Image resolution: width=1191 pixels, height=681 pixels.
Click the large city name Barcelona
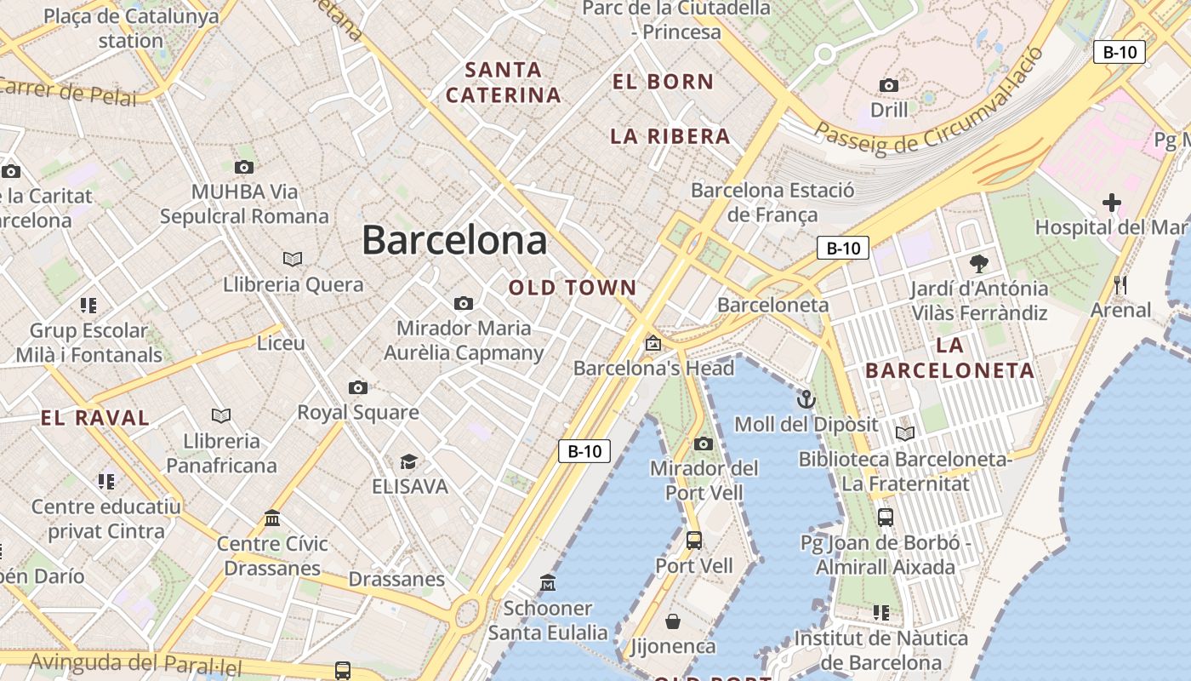454,240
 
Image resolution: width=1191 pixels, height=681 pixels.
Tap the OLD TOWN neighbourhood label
573,288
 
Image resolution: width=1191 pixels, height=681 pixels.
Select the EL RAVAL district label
95,418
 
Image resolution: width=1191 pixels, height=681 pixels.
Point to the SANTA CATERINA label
503,82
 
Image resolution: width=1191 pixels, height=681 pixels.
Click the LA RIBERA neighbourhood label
670,136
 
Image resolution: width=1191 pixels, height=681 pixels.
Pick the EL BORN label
663,82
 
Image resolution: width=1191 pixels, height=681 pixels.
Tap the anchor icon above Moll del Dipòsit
806,398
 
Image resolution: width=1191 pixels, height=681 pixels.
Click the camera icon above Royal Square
358,388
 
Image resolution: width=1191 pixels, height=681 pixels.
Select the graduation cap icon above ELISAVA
409,461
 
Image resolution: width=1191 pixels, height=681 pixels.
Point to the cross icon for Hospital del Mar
1111,203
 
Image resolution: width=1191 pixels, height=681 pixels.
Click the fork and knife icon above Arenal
1120,285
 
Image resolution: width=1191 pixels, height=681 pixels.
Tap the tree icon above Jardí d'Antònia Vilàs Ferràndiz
979,263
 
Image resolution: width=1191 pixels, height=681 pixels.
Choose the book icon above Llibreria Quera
293,259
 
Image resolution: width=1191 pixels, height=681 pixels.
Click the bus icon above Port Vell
694,540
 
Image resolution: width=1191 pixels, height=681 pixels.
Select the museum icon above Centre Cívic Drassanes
272,518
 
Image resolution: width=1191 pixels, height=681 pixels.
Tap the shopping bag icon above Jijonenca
673,621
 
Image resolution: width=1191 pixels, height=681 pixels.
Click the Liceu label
281,343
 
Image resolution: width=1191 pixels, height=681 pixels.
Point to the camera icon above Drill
889,85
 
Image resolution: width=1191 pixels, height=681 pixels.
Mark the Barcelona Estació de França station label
772,203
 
